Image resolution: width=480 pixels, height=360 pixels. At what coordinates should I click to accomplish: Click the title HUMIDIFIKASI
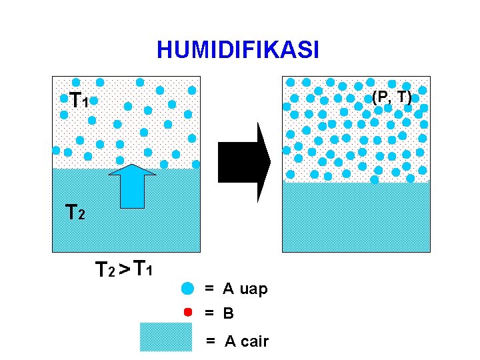pos(238,49)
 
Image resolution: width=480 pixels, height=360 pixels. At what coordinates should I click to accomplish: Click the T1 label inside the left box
pos(79,100)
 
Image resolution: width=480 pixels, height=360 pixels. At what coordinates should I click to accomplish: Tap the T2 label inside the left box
pos(75,213)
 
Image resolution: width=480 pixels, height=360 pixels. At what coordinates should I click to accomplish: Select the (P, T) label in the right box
pos(391,97)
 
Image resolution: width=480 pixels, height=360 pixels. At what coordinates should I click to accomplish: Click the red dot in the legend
pos(188,311)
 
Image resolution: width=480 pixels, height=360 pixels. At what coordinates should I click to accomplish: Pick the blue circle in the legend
pos(188,288)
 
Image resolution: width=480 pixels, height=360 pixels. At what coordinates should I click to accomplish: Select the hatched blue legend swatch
pos(165,337)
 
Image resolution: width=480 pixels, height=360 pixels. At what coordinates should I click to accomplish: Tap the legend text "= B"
pos(219,312)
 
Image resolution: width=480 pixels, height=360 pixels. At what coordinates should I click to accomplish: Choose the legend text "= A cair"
pos(237,342)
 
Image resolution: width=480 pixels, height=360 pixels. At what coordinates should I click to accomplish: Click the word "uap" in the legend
pos(253,289)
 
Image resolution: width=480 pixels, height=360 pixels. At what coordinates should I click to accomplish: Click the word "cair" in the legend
pos(255,342)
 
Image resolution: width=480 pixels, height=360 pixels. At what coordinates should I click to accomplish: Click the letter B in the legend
pos(229,312)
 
